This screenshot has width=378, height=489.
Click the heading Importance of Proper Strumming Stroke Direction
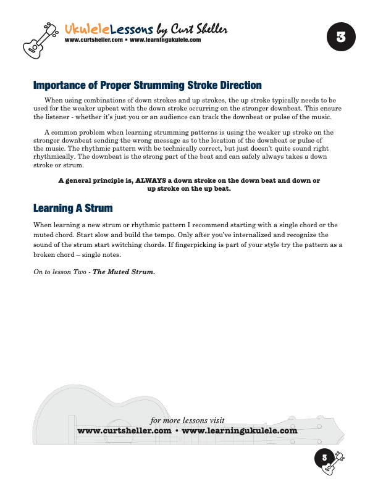147,85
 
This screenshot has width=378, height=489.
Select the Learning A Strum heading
73,207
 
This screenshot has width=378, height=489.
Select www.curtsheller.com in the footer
124,430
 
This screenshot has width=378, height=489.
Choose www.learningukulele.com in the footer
240,430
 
